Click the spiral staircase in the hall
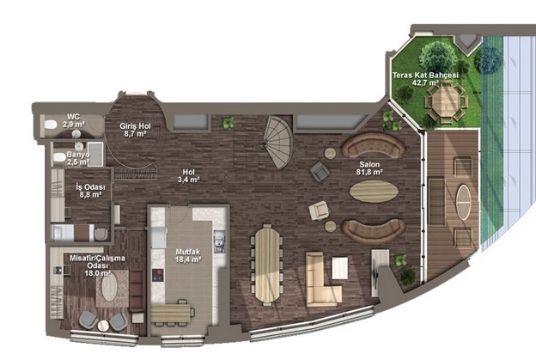click(278, 142)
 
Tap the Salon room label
click(369, 164)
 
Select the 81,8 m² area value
click(369, 172)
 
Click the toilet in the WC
click(51, 125)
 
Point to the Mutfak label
click(187, 252)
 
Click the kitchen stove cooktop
click(157, 275)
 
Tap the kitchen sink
click(219, 241)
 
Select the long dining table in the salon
click(267, 265)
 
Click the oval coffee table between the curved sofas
click(374, 192)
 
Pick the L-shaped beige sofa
click(323, 279)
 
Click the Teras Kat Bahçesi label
click(425, 76)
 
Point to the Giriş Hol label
click(135, 126)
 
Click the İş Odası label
click(90, 187)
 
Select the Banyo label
click(78, 155)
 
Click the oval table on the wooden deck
click(464, 202)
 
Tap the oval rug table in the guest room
click(109, 288)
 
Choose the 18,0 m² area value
click(97, 273)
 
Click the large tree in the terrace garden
click(438, 57)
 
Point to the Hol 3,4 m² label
click(188, 176)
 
